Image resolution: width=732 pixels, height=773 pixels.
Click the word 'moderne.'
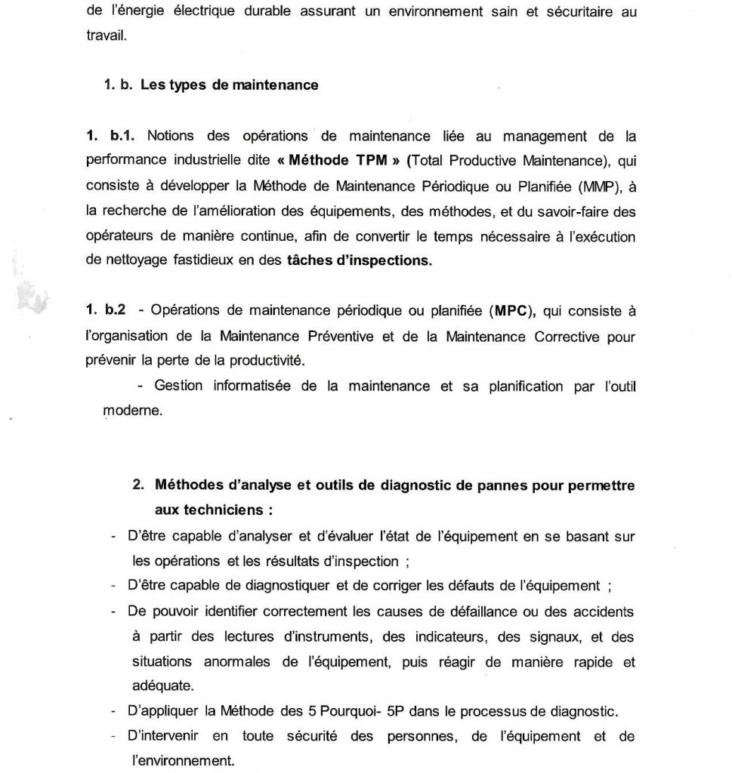click(x=132, y=412)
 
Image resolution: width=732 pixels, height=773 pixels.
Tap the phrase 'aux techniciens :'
click(x=213, y=510)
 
